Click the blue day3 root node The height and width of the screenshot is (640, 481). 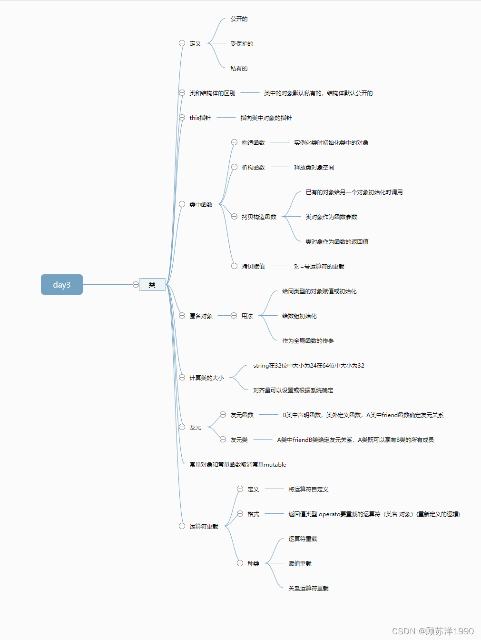point(62,285)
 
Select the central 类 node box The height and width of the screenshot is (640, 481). point(152,285)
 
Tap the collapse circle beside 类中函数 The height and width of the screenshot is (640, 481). point(182,204)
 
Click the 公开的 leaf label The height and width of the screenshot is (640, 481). point(239,19)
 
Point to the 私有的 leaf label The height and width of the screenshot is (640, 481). point(239,69)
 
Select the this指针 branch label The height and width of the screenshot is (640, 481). point(200,118)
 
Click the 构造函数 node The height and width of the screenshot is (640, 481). point(253,143)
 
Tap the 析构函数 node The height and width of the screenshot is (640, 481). point(253,168)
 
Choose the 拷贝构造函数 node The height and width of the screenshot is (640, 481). point(259,217)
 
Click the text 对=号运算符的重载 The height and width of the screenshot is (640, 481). point(319,267)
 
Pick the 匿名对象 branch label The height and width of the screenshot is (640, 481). point(201,316)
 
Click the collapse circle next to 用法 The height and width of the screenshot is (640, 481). point(234,316)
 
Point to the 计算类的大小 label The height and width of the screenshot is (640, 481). point(206,378)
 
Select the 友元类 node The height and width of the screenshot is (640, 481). point(239,440)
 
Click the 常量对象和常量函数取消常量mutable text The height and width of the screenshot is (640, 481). point(238,465)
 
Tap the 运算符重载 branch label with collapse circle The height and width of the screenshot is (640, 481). point(204,527)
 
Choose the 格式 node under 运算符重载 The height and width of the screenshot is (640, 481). point(253,514)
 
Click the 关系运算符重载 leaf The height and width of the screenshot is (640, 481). point(308,589)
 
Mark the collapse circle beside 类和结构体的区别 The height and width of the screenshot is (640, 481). point(182,93)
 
